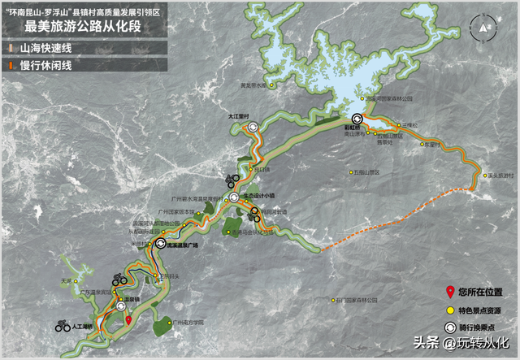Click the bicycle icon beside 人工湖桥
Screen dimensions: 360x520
pyautogui.click(x=62, y=327)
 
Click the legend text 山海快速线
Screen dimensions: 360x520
pyautogui.click(x=41, y=49)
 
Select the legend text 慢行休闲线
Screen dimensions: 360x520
pyautogui.click(x=41, y=65)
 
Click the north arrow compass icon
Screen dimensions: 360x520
pyautogui.click(x=485, y=26)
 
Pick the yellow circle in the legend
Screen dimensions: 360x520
pyautogui.click(x=450, y=310)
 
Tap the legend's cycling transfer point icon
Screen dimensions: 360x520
pyautogui.click(x=450, y=327)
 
